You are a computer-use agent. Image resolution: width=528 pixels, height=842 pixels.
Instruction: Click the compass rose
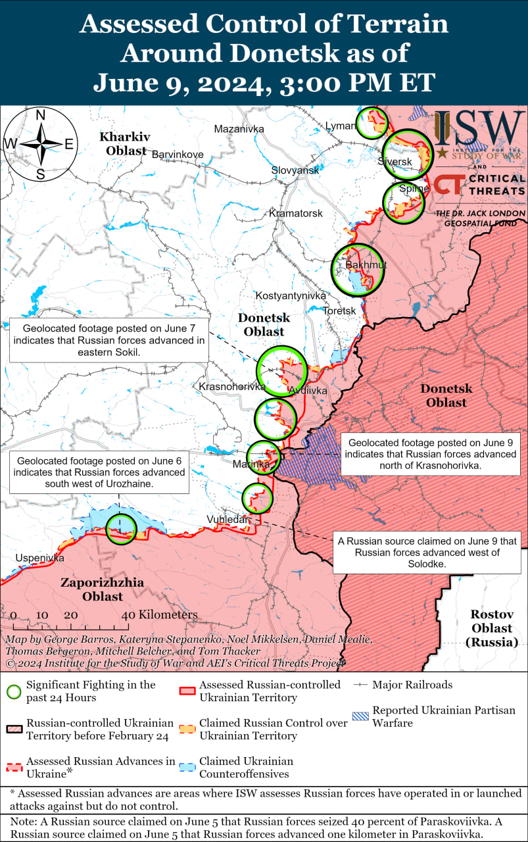click(40, 144)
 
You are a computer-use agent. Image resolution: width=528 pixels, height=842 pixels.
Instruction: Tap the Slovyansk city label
click(295, 170)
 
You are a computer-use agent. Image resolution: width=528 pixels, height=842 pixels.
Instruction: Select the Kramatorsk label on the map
click(296, 214)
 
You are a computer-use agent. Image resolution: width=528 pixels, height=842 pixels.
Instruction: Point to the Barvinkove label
click(178, 155)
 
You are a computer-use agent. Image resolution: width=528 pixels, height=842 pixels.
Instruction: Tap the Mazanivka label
click(239, 129)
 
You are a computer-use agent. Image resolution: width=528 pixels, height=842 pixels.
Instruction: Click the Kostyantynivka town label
click(291, 296)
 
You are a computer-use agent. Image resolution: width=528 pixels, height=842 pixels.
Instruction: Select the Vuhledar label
click(228, 519)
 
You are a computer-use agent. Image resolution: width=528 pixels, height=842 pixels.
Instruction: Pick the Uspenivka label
click(39, 558)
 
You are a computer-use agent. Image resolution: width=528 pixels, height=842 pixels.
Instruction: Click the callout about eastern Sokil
click(108, 340)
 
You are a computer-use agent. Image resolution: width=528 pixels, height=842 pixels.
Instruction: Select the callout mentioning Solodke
click(427, 553)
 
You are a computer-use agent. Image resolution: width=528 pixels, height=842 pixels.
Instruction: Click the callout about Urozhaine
click(99, 472)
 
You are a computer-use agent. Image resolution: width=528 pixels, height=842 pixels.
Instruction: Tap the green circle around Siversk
click(408, 155)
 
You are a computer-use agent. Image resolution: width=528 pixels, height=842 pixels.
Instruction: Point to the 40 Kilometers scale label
click(160, 614)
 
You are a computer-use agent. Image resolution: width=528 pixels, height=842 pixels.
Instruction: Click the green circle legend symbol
click(13, 691)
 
